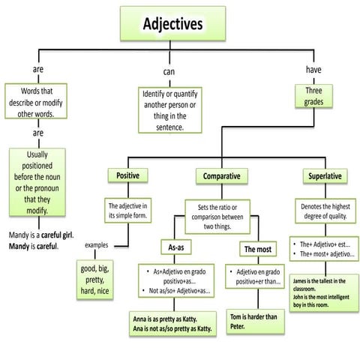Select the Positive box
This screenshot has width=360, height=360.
pos(127,177)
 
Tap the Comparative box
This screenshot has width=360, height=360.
pos(221,177)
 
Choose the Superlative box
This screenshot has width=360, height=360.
pos(325,177)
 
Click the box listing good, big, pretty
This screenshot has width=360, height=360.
pos(96,277)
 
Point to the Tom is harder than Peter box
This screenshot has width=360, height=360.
pos(255,320)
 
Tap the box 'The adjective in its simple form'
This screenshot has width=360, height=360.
pos(126,211)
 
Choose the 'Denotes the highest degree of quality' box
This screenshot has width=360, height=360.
pos(325,211)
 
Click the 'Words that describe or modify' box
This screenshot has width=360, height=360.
pos(36,101)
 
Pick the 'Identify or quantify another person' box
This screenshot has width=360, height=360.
pos(172,111)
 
